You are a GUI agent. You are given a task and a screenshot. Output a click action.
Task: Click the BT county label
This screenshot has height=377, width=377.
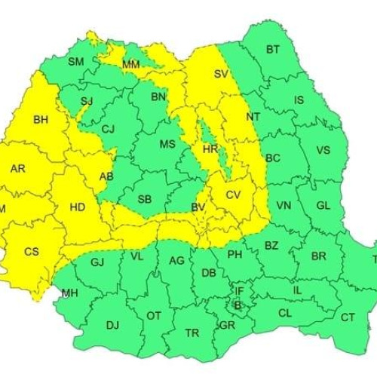point(272,51)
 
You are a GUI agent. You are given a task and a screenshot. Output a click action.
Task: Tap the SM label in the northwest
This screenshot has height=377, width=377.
point(75,61)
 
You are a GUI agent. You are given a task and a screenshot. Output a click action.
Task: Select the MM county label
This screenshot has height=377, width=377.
point(130,65)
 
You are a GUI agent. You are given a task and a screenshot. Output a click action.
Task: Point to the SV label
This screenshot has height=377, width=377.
point(221,74)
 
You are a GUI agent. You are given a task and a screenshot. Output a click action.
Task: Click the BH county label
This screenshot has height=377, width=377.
point(40,119)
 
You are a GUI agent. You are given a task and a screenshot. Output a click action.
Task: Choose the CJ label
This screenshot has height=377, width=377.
point(108,129)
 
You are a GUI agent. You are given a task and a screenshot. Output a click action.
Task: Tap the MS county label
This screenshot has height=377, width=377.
point(167,144)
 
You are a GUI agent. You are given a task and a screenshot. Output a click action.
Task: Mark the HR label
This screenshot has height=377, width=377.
point(210,149)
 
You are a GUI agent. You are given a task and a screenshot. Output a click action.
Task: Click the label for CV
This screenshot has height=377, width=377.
point(233,195)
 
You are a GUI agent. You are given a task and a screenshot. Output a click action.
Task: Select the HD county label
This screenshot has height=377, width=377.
point(77,206)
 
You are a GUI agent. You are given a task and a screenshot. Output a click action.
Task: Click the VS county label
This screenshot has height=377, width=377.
point(323,150)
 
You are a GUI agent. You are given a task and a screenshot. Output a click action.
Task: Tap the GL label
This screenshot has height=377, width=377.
point(323,205)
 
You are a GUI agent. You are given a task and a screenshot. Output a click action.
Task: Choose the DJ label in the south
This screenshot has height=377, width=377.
point(112,325)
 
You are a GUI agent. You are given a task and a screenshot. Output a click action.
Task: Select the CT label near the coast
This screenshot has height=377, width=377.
point(348,317)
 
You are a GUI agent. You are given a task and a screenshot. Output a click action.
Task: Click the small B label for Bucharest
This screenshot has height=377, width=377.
point(237,305)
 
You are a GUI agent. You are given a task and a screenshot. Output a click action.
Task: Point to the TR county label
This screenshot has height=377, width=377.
point(192,333)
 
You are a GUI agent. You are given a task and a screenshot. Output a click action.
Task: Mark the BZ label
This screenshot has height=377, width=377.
point(271,246)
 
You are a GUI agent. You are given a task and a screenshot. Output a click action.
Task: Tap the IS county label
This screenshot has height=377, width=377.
point(299,100)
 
